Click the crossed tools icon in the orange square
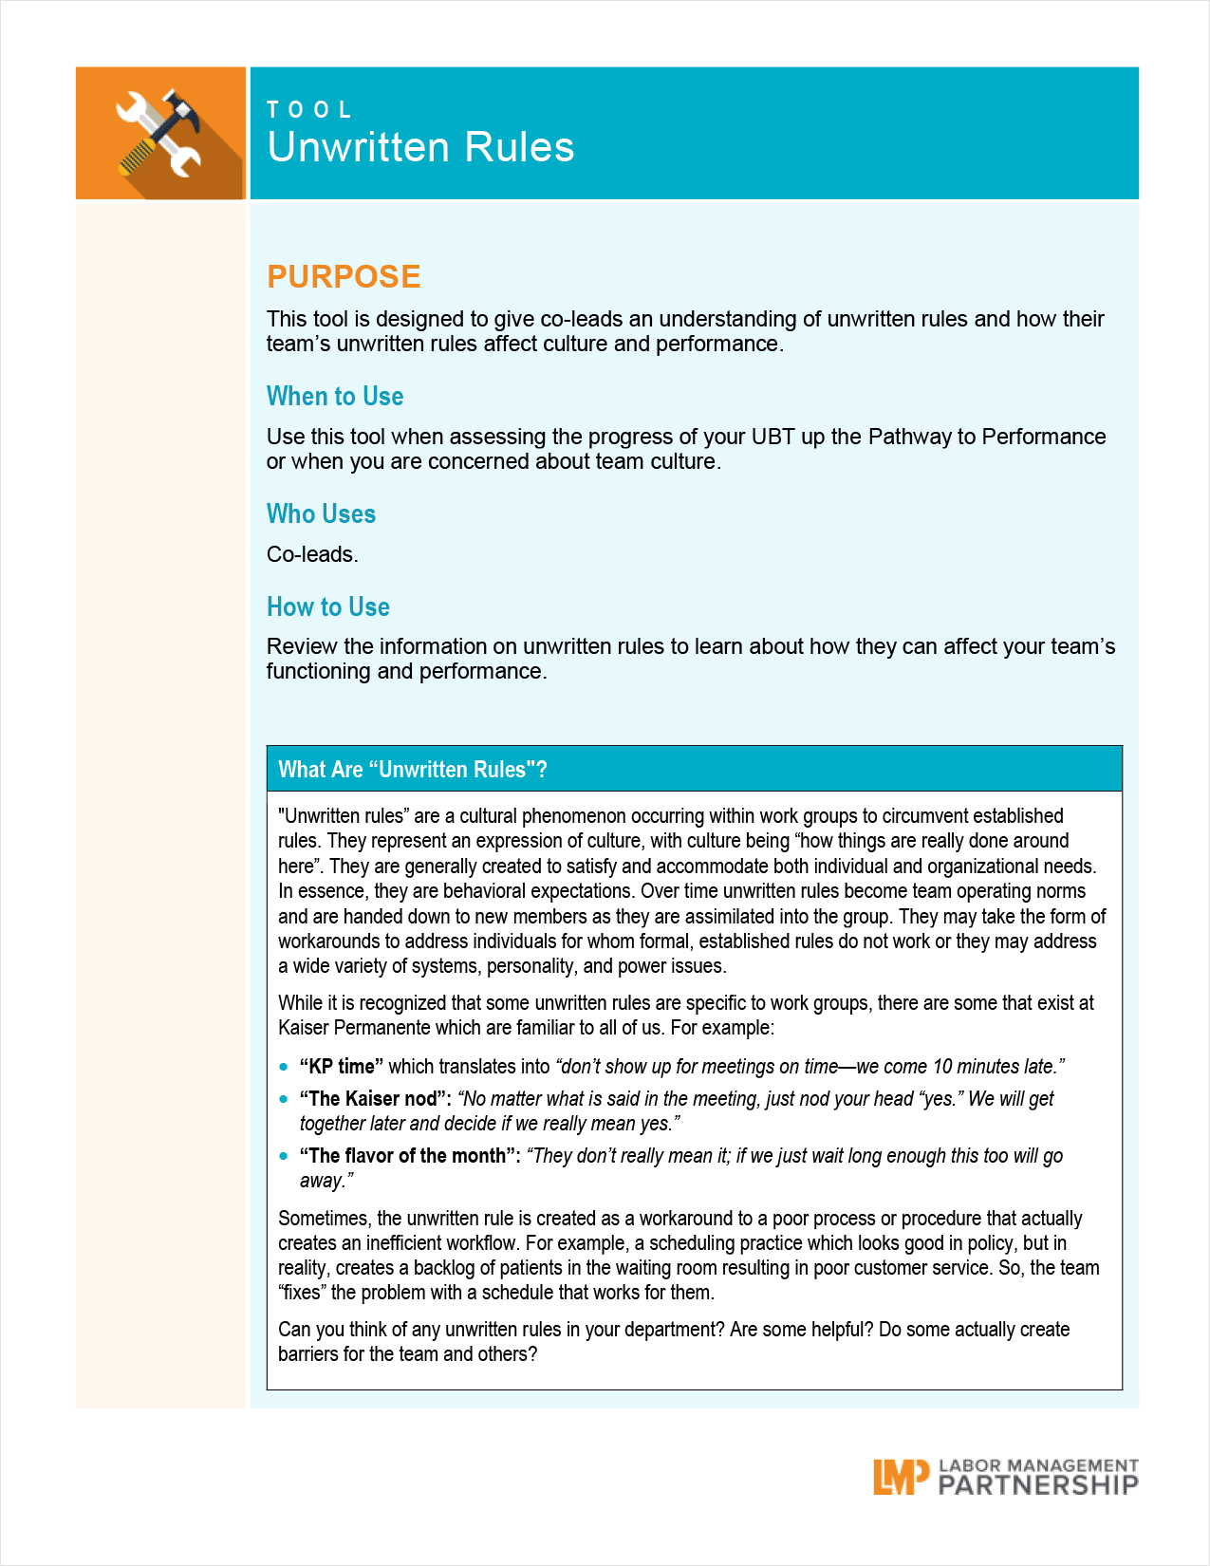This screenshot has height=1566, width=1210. pyautogui.click(x=159, y=133)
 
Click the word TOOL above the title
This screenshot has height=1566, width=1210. pyautogui.click(x=309, y=110)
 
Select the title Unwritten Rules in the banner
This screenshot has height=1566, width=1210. pyautogui.click(x=420, y=148)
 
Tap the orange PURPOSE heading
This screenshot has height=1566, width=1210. pyautogui.click(x=344, y=276)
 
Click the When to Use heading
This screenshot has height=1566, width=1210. pyautogui.click(x=335, y=396)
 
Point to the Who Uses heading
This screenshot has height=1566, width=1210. pyautogui.click(x=321, y=513)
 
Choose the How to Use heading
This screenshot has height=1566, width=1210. pyautogui.click(x=328, y=606)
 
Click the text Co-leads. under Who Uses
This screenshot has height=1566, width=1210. pyautogui.click(x=312, y=554)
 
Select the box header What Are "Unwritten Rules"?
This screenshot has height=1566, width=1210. pyautogui.click(x=413, y=770)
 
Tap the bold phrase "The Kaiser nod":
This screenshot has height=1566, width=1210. pyautogui.click(x=375, y=1099)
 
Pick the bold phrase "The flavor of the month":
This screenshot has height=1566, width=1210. pyautogui.click(x=410, y=1156)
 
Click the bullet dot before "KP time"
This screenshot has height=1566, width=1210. pyautogui.click(x=284, y=1067)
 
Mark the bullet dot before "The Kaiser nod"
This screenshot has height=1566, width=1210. pyautogui.click(x=284, y=1099)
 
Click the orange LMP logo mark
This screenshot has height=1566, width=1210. pyautogui.click(x=900, y=1477)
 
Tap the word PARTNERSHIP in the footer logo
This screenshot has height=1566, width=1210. pyautogui.click(x=1038, y=1485)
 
